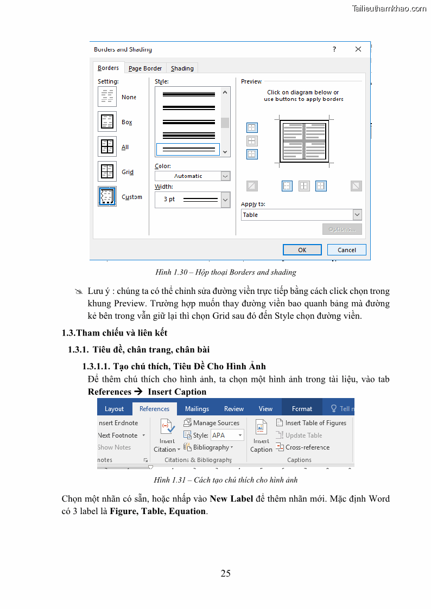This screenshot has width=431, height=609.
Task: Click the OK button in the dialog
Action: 302,250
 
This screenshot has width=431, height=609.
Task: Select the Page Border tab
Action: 145,68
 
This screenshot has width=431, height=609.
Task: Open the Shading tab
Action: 182,68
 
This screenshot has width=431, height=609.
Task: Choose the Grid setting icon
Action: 107,171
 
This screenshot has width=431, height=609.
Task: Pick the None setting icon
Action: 107,97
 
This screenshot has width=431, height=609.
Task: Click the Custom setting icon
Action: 107,196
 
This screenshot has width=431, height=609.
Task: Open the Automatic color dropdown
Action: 192,176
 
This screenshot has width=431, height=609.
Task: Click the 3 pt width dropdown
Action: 192,199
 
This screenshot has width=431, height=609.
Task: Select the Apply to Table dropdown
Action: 301,215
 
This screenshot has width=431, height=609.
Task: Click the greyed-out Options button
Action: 341,229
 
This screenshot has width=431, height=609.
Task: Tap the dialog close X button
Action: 358,49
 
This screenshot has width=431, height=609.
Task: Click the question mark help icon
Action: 334,49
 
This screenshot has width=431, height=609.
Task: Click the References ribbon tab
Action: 154,409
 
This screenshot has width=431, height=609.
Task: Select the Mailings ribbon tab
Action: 197,409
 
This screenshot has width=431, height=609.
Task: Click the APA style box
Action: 227,435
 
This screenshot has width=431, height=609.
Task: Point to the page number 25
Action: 226,573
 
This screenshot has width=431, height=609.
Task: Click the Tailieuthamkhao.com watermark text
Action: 389,9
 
